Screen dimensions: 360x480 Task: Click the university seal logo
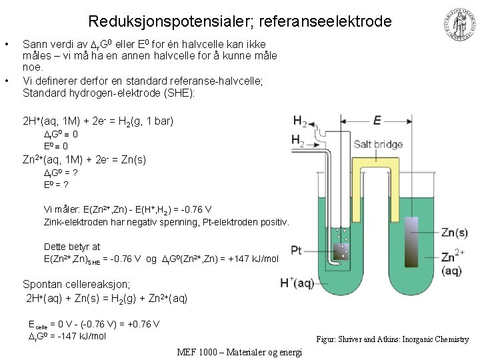[x=459, y=25]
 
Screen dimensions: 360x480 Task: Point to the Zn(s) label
[x=454, y=232]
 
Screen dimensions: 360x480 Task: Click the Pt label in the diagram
[x=297, y=251]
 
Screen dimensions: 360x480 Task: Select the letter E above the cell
[x=377, y=120]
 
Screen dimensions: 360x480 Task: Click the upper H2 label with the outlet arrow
[x=299, y=121]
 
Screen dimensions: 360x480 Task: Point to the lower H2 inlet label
[x=299, y=140]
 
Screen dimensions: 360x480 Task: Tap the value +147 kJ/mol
[x=255, y=258]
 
